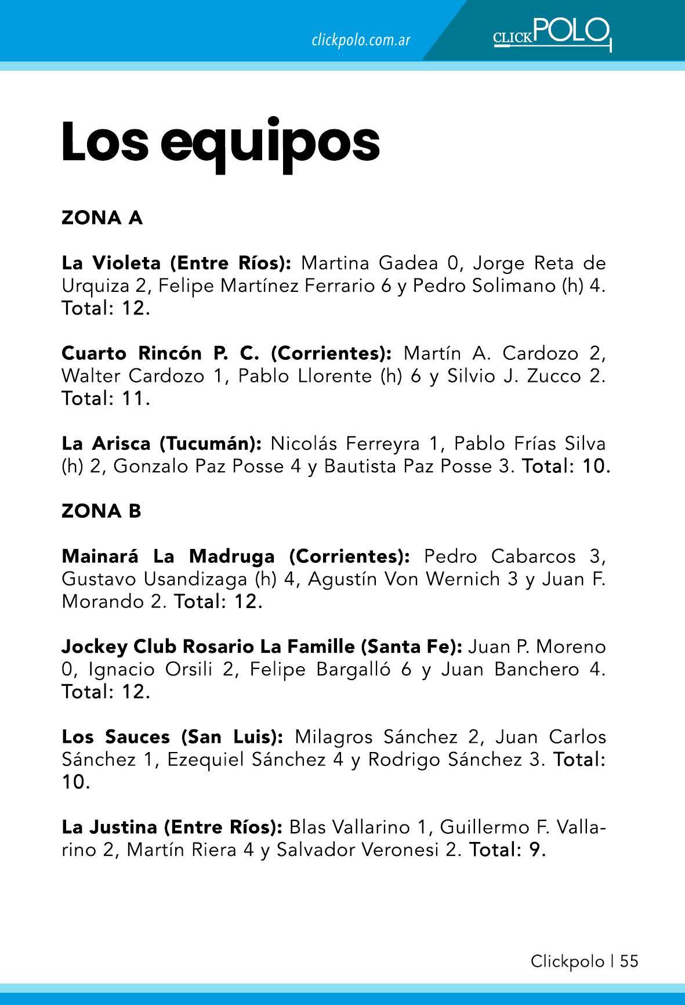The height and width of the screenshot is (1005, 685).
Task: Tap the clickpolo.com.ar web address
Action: click(x=361, y=40)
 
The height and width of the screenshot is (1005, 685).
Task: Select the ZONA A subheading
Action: click(x=102, y=218)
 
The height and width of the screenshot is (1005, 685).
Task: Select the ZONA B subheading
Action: click(x=102, y=511)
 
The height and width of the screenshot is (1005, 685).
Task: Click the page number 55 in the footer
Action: click(x=629, y=961)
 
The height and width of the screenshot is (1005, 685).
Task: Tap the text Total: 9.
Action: click(x=508, y=850)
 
